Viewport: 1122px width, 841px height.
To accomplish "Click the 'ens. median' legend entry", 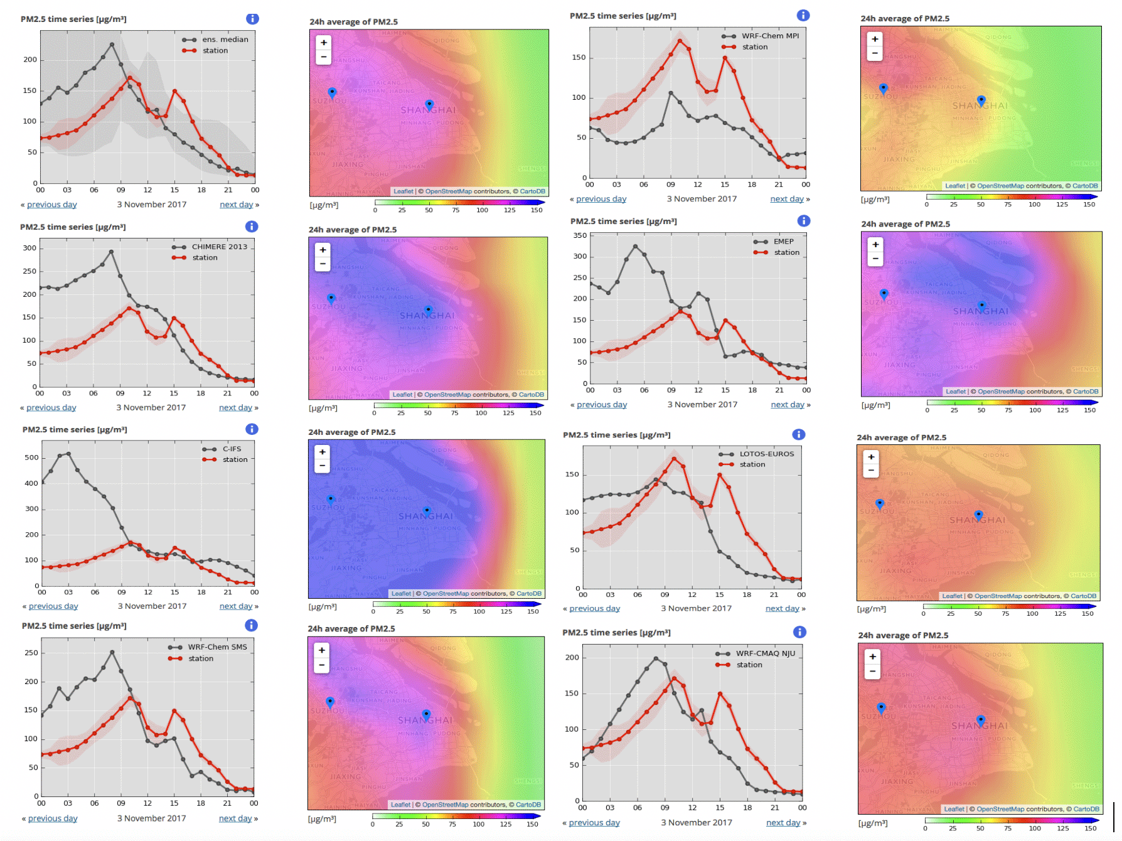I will pyautogui.click(x=225, y=40).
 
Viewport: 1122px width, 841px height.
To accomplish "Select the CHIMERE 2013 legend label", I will pyautogui.click(x=219, y=247).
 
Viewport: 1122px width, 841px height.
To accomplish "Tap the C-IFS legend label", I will pyautogui.click(x=232, y=449).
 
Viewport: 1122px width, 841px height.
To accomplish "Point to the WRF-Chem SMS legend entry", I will pyautogui.click(x=217, y=647).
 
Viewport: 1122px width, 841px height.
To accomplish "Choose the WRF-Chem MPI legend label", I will pyautogui.click(x=770, y=36).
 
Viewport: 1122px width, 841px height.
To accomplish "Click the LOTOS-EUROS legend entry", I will pyautogui.click(x=766, y=454).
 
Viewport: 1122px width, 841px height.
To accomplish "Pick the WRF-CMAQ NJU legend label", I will pyautogui.click(x=765, y=653).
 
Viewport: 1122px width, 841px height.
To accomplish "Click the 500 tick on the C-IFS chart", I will pyautogui.click(x=31, y=458).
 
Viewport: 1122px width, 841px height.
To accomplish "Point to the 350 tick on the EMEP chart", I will pyautogui.click(x=580, y=235).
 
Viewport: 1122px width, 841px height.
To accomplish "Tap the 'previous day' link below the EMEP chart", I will pyautogui.click(x=602, y=405).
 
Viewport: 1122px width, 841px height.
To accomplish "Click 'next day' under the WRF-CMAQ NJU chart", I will pyautogui.click(x=783, y=823).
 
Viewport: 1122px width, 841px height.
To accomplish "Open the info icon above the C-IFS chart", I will pyautogui.click(x=252, y=429).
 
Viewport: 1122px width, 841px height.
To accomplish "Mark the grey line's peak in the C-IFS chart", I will pyautogui.click(x=68, y=453).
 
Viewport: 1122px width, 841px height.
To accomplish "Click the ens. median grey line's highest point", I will pyautogui.click(x=112, y=45).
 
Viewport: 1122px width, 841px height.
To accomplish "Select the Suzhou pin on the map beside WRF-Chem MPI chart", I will pyautogui.click(x=884, y=88).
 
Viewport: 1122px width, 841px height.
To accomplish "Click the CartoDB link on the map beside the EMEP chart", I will pyautogui.click(x=1085, y=392).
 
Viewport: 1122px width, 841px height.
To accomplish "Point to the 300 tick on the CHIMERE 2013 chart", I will pyautogui.click(x=29, y=248).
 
